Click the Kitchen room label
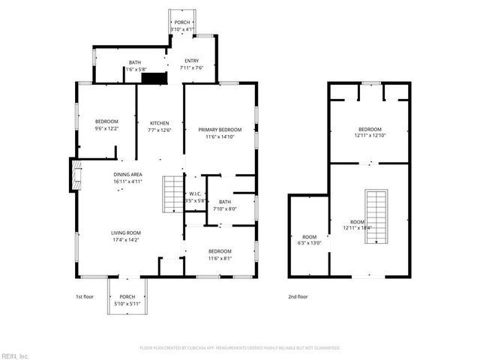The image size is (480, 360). tap(160, 123)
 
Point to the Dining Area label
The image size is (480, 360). tap(127, 174)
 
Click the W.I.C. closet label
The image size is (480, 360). tap(195, 193)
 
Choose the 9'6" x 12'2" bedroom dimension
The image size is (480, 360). tap(106, 130)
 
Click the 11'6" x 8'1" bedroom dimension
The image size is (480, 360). tap(220, 259)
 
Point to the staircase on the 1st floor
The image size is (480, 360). tap(174, 193)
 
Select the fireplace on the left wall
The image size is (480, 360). tap(74, 175)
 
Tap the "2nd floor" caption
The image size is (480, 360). tap(298, 296)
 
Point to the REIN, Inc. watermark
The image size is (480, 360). tap(15, 355)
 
